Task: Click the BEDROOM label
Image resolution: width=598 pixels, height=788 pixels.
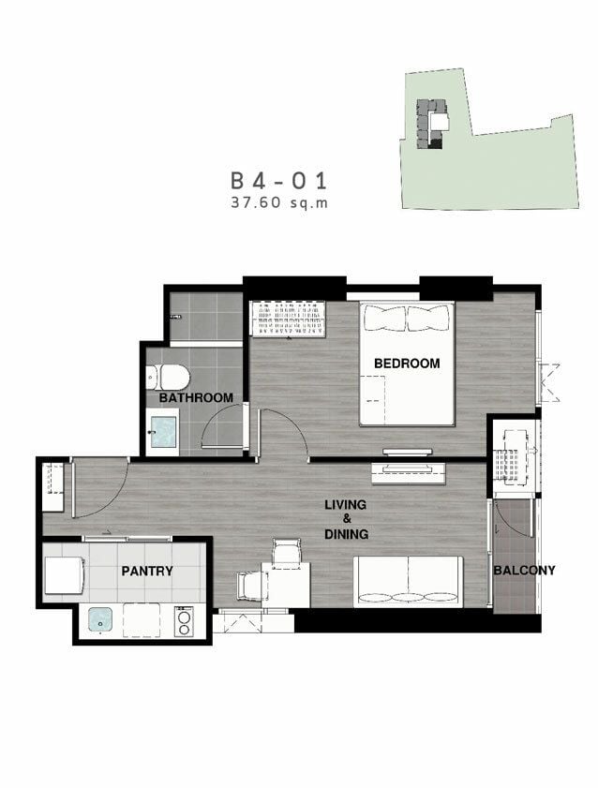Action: [x=407, y=363]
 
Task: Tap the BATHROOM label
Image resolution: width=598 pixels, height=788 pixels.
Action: [x=196, y=397]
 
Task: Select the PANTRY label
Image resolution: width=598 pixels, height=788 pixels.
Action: [x=147, y=571]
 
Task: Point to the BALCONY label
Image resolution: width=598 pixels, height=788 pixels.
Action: [x=524, y=570]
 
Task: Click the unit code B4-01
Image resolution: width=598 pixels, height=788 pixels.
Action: [x=279, y=181]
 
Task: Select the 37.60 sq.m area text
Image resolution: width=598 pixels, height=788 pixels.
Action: [x=279, y=202]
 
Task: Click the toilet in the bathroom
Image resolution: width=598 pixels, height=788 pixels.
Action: [x=168, y=377]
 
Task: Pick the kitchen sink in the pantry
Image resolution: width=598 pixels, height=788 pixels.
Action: [x=100, y=619]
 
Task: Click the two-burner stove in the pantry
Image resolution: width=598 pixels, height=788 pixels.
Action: [x=184, y=621]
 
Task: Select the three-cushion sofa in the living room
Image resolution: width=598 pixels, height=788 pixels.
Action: [x=408, y=582]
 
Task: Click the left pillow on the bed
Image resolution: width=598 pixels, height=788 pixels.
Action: [x=385, y=318]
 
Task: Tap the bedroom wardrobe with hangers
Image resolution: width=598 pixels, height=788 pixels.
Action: [x=288, y=320]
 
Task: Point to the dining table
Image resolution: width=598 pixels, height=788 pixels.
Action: [x=285, y=585]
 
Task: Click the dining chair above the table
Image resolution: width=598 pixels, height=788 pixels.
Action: [x=287, y=550]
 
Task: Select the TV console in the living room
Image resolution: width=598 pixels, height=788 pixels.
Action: [x=409, y=474]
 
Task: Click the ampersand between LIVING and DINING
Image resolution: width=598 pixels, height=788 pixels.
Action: [x=347, y=519]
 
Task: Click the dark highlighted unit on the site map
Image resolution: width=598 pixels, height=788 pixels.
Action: [x=436, y=144]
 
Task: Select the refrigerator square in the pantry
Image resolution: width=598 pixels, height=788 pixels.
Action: [x=64, y=575]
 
